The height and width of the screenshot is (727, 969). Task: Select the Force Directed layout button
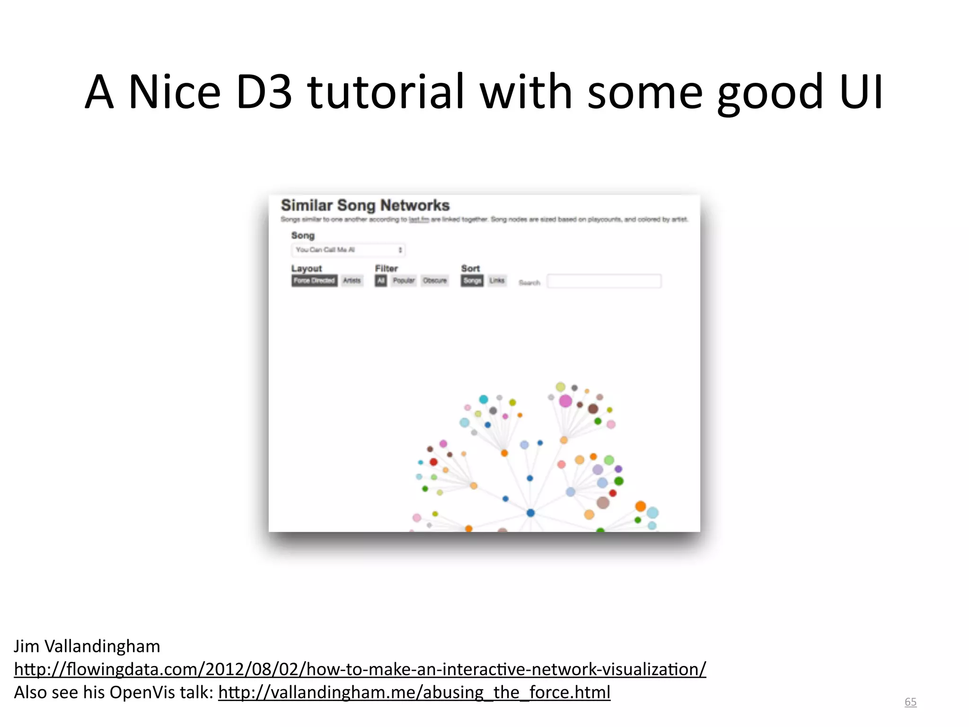(314, 281)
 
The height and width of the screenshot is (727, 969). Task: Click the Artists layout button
(352, 281)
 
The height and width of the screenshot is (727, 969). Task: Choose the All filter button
(381, 281)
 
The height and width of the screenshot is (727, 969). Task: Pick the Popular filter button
(404, 281)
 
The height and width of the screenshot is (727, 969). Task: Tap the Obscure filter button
(435, 281)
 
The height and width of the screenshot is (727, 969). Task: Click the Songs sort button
(472, 281)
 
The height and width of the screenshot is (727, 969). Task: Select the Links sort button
(497, 281)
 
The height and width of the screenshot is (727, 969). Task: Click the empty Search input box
(604, 281)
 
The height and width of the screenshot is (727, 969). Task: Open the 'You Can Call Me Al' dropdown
(348, 250)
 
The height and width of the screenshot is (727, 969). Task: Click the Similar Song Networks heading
(365, 205)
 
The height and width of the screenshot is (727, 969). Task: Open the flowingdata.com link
(360, 669)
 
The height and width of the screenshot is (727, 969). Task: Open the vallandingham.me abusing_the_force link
(414, 692)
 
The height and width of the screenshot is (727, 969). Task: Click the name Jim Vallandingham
(87, 646)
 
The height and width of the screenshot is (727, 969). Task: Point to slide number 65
(910, 702)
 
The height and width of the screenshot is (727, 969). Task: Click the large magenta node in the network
(565, 401)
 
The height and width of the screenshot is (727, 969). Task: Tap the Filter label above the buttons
(386, 268)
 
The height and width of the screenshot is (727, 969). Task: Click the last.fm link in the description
(419, 220)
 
